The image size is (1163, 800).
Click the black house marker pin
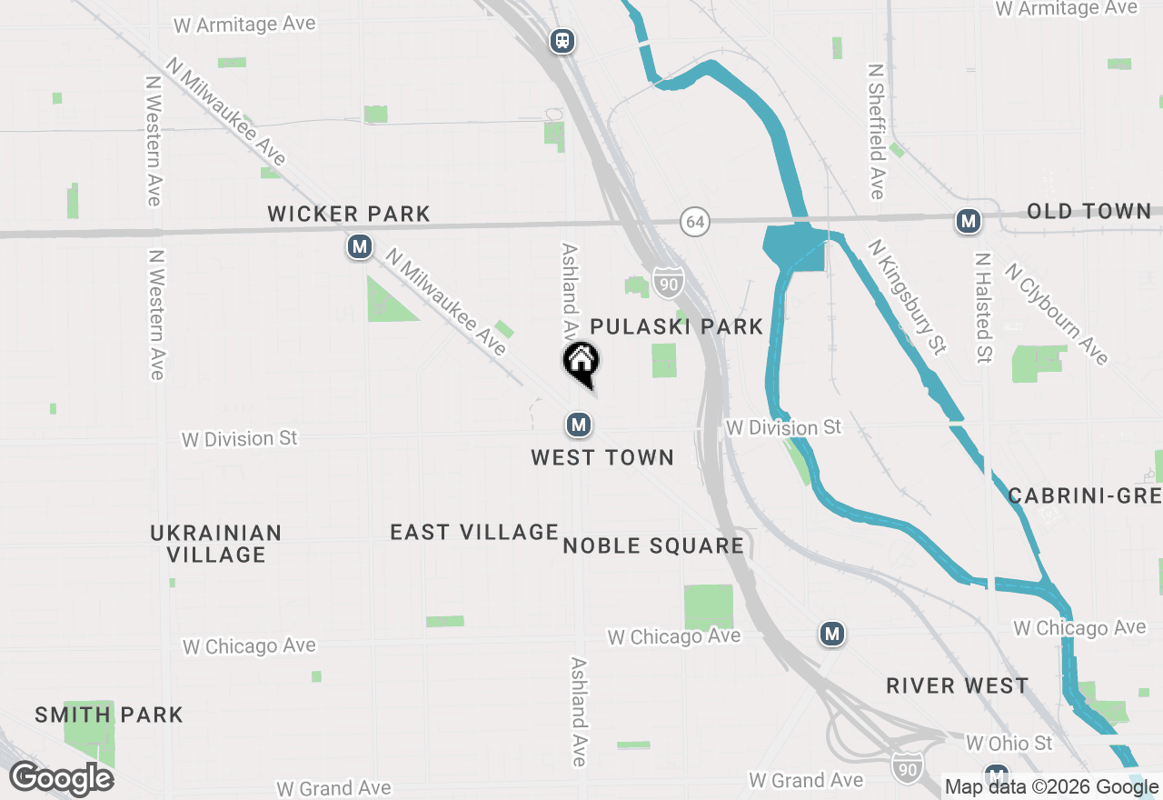pyautogui.click(x=581, y=364)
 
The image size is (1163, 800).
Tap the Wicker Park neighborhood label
pyautogui.click(x=349, y=215)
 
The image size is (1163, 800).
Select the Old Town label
pyautogui.click(x=1088, y=212)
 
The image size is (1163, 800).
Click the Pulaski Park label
pyautogui.click(x=676, y=326)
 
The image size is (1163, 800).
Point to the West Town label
pyautogui.click(x=602, y=457)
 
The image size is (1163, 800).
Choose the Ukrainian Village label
pyautogui.click(x=216, y=544)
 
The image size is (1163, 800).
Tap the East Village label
pyautogui.click(x=474, y=532)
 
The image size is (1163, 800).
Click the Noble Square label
pyautogui.click(x=653, y=545)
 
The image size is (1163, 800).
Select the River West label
pyautogui.click(x=958, y=685)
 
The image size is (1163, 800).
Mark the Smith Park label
pyautogui.click(x=109, y=715)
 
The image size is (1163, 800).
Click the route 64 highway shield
pyautogui.click(x=695, y=222)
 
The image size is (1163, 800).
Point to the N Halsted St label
pyautogui.click(x=981, y=307)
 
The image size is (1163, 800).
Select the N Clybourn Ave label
pyautogui.click(x=1057, y=314)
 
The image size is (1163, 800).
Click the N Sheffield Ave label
pyautogui.click(x=876, y=131)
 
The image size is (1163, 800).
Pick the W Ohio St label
pyautogui.click(x=1009, y=744)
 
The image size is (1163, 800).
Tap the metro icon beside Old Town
pyautogui.click(x=969, y=221)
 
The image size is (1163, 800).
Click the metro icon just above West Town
pyautogui.click(x=578, y=424)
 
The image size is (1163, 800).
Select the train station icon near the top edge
pyautogui.click(x=563, y=41)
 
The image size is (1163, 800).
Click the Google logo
pyautogui.click(x=62, y=778)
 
